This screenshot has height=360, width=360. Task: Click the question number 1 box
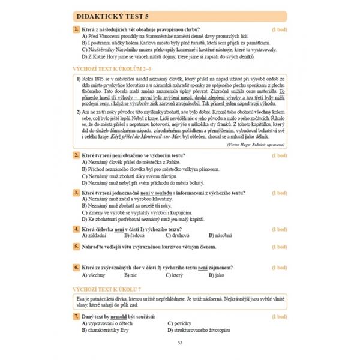click(x=76, y=29)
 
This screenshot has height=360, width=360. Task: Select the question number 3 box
click(x=76, y=192)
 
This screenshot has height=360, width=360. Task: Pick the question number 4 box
click(x=76, y=229)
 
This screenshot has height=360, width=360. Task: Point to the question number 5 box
click(x=76, y=246)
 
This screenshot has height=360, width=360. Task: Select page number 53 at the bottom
click(x=180, y=342)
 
